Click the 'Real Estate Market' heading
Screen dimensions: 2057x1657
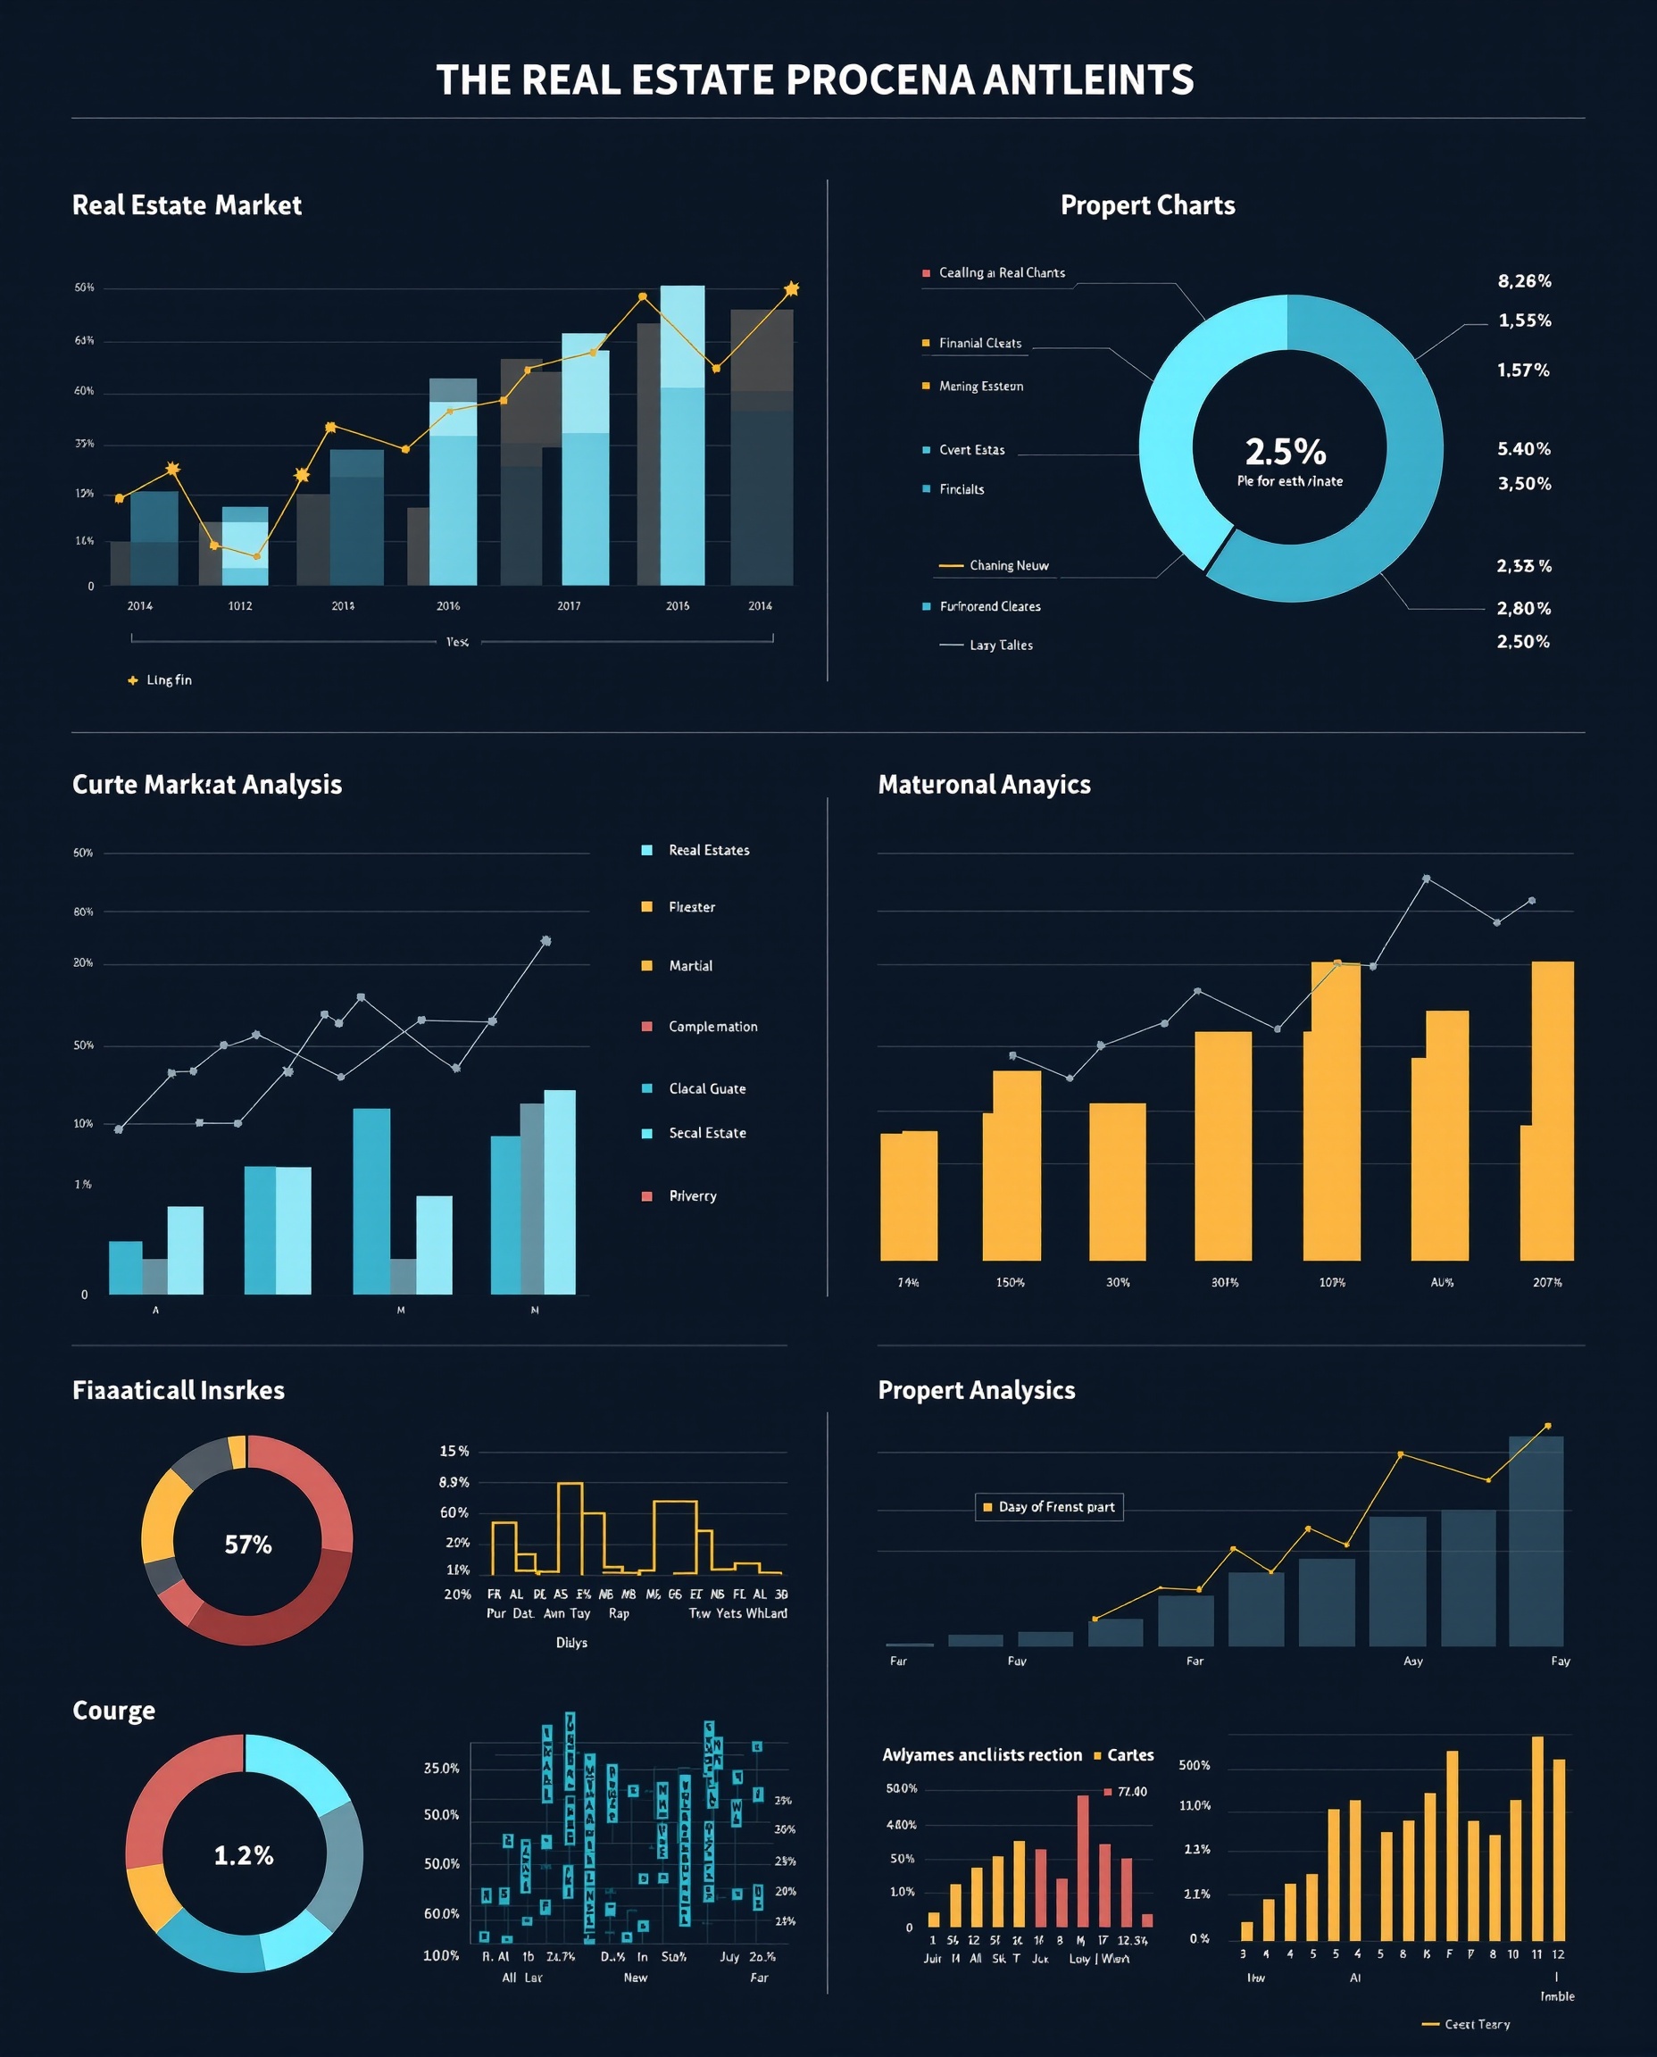[x=187, y=205]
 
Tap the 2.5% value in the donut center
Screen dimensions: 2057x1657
[x=1285, y=452]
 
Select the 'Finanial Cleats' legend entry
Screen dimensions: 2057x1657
[x=979, y=343]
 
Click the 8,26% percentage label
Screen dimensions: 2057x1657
[x=1523, y=280]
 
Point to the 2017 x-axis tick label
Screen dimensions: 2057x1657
[x=569, y=606]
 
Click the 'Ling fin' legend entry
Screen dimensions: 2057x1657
[x=168, y=679]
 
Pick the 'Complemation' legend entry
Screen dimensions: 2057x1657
[x=712, y=1026]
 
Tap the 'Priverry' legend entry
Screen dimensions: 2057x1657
[x=692, y=1196]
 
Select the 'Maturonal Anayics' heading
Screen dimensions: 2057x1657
[x=984, y=785]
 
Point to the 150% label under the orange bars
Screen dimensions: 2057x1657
[x=1010, y=1282]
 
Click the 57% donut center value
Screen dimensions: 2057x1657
[x=248, y=1545]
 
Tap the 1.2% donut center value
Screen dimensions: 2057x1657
[x=244, y=1855]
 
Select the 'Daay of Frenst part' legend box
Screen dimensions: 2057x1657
[x=1049, y=1507]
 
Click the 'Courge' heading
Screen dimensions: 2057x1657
[x=113, y=1711]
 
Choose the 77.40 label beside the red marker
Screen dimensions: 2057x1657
[x=1132, y=1792]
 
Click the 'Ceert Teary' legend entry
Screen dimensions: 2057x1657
[x=1477, y=2024]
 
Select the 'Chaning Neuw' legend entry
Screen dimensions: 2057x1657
[x=1008, y=565]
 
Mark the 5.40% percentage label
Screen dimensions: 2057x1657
[x=1523, y=448]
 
